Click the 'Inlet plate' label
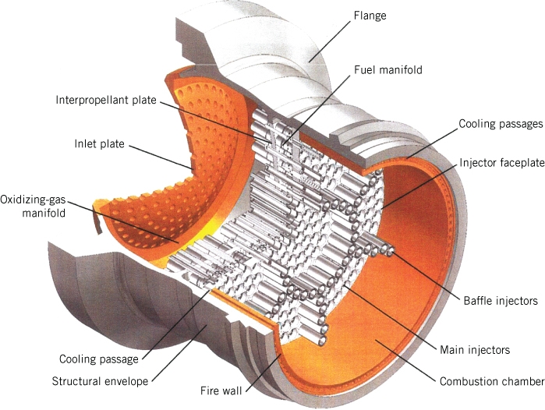100,144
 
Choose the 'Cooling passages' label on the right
500,124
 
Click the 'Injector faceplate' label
500,162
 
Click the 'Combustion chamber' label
490,381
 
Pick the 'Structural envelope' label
99,381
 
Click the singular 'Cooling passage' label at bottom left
99,359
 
